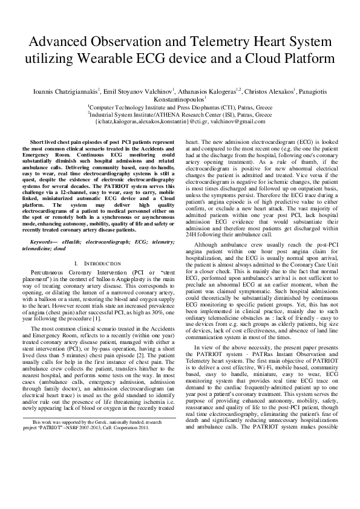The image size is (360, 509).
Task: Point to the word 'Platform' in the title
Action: [x=304, y=59]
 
